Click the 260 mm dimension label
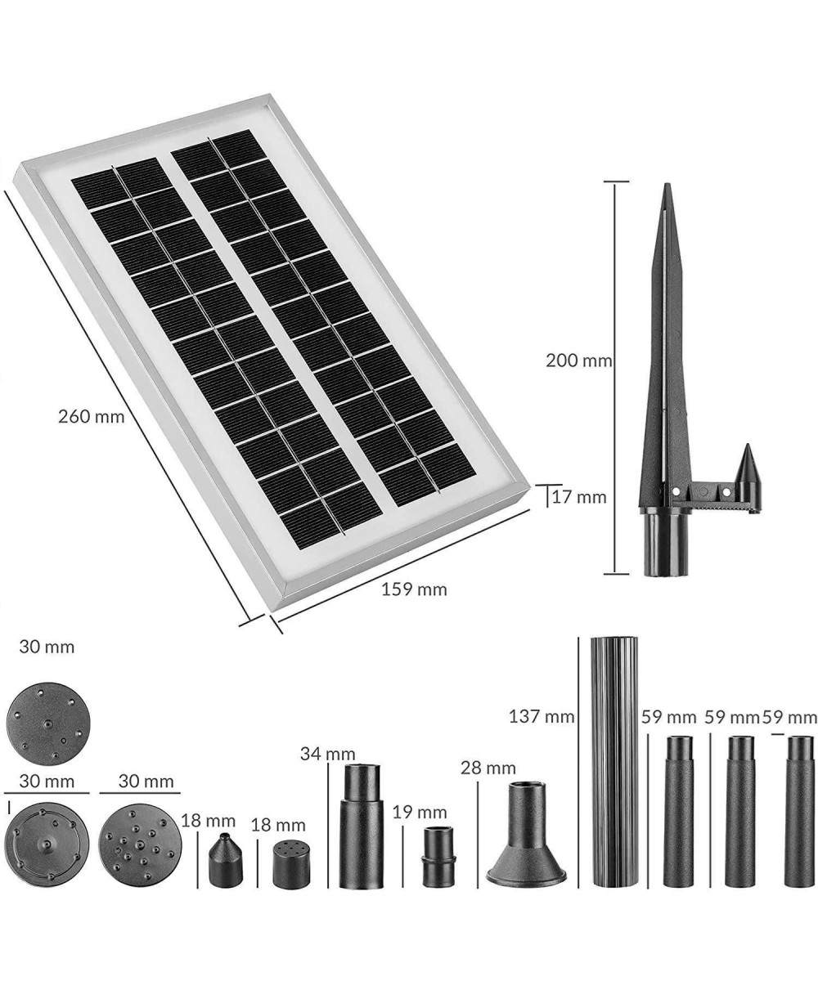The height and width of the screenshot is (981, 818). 91,417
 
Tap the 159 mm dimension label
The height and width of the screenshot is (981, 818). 414,589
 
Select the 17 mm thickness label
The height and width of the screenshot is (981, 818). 579,497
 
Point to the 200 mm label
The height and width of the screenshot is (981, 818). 578,361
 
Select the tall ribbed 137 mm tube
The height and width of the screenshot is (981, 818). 614,761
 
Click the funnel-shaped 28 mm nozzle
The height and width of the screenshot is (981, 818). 526,840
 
